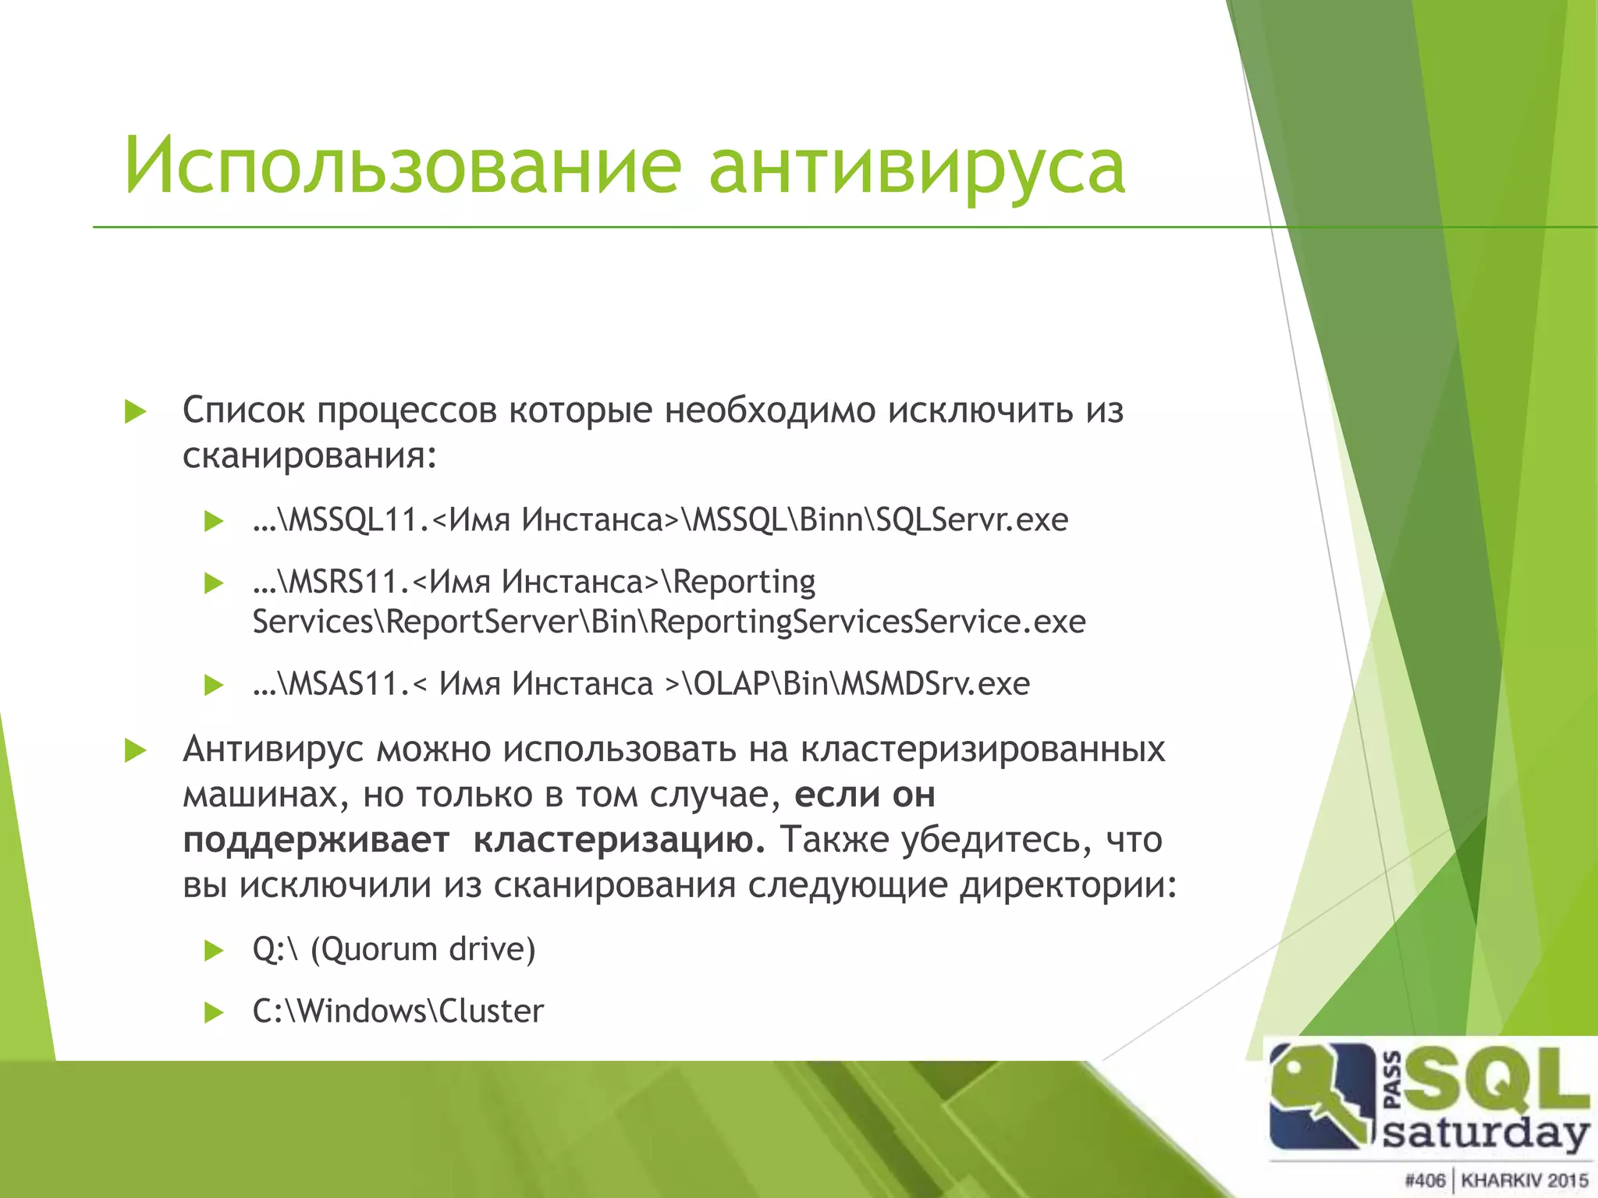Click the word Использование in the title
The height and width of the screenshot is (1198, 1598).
(x=402, y=165)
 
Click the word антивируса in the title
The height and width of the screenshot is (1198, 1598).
(x=916, y=165)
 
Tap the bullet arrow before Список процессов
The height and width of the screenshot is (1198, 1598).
(x=136, y=412)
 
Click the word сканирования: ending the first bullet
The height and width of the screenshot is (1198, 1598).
(x=309, y=455)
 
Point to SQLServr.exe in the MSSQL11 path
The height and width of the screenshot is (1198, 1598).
(x=971, y=519)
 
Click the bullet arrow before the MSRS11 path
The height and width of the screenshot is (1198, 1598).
(x=213, y=583)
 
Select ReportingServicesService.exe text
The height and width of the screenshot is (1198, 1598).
(x=867, y=622)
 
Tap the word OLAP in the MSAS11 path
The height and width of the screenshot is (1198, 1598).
(x=732, y=684)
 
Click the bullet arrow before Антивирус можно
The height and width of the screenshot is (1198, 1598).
(x=136, y=751)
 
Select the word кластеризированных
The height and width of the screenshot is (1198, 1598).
(x=982, y=750)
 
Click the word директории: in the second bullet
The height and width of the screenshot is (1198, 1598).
(x=1067, y=885)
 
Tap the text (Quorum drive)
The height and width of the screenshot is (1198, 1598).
(x=423, y=949)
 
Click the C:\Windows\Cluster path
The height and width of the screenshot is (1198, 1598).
(x=398, y=1012)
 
